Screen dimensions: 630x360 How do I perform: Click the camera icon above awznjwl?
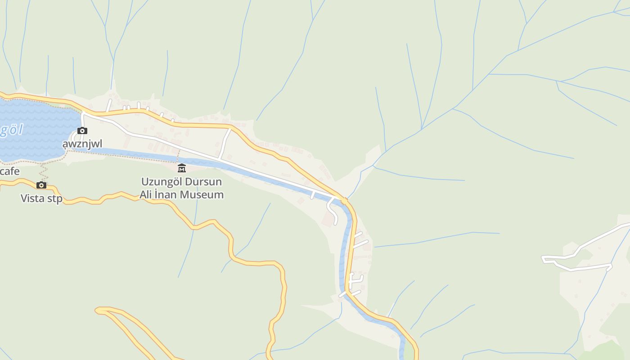(x=82, y=130)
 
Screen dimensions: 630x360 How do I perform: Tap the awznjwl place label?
(x=82, y=144)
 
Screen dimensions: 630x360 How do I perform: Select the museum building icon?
(x=182, y=168)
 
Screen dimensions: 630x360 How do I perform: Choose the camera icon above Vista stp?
(x=41, y=185)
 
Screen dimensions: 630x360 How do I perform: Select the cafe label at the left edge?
(x=10, y=171)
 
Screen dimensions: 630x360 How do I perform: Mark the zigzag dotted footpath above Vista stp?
(x=44, y=171)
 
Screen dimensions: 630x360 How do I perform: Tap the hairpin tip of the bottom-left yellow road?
(x=98, y=310)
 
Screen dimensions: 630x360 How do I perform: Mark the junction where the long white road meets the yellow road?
(x=343, y=199)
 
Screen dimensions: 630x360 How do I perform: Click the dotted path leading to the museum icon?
(x=178, y=157)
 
